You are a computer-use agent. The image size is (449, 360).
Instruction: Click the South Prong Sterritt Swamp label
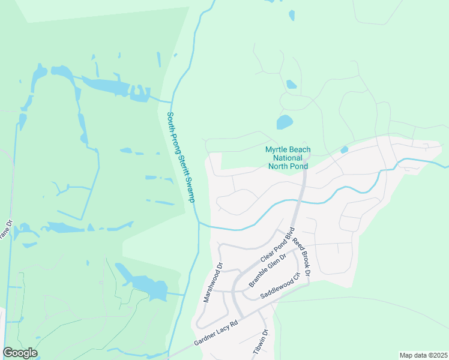181,157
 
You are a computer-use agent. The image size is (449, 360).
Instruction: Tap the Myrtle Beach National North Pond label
288,158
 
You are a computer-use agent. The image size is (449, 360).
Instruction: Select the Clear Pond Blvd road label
277,244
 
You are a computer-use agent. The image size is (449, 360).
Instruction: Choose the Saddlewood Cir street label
280,286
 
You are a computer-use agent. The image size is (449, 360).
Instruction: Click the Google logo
20,353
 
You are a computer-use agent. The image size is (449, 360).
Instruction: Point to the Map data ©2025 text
423,355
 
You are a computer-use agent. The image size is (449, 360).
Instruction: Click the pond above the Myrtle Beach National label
284,122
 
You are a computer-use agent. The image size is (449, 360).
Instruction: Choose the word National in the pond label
288,158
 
